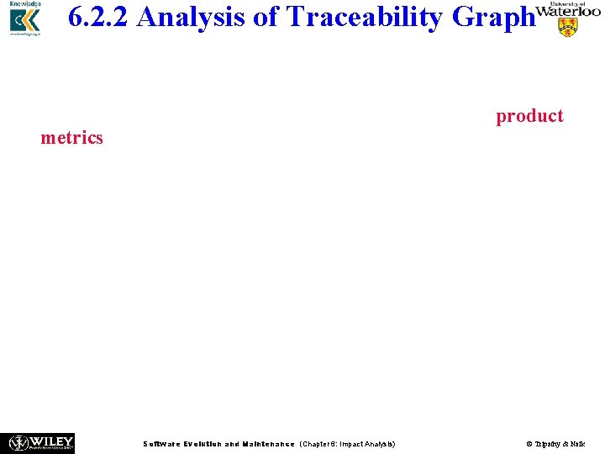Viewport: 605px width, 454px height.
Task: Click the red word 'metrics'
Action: tap(71, 137)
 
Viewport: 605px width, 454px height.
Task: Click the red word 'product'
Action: tap(529, 115)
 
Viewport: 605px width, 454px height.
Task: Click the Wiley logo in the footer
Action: tap(41, 442)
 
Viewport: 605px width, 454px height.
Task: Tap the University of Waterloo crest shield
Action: tap(569, 27)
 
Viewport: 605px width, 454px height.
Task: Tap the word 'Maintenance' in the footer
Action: tap(268, 444)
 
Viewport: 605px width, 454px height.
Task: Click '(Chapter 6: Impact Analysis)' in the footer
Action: tap(347, 444)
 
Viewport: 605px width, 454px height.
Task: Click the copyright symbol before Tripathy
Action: tap(529, 444)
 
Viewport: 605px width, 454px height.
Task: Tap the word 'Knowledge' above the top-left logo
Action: tap(25, 4)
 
